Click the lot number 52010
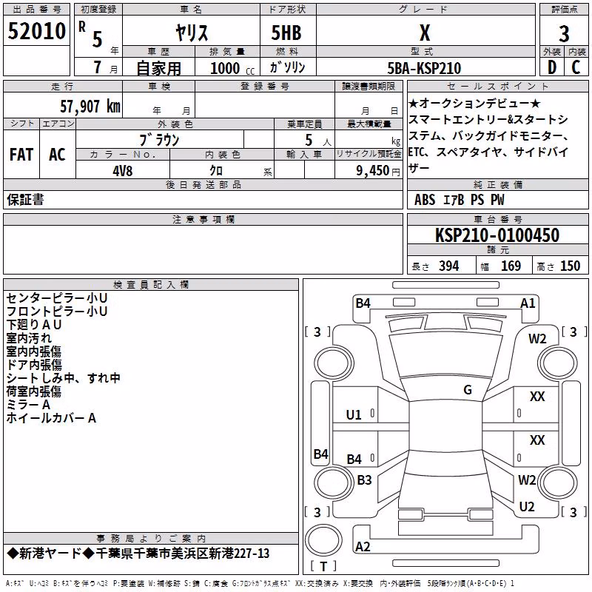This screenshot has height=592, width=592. pyautogui.click(x=36, y=31)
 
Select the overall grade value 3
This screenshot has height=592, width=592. pyautogui.click(x=564, y=33)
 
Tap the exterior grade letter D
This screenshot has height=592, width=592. pyautogui.click(x=552, y=67)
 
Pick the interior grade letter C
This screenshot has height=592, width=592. pyautogui.click(x=576, y=67)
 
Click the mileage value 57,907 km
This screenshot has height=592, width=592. pyautogui.click(x=90, y=106)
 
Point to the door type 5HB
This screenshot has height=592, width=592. pyautogui.click(x=286, y=33)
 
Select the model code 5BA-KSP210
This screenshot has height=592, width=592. pyautogui.click(x=424, y=68)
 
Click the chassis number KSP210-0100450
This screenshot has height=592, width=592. pyautogui.click(x=497, y=235)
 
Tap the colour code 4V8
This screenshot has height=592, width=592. pyautogui.click(x=123, y=171)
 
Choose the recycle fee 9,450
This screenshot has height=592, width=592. pyautogui.click(x=372, y=171)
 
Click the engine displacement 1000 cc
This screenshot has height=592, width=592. pyautogui.click(x=232, y=68)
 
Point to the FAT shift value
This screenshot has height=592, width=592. pyautogui.click(x=21, y=155)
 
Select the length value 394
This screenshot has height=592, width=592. pyautogui.click(x=448, y=266)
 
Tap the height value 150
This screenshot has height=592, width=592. pyautogui.click(x=570, y=266)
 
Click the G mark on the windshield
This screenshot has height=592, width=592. pyautogui.click(x=468, y=389)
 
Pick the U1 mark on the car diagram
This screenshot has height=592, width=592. pyautogui.click(x=354, y=415)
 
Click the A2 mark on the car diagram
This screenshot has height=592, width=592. pyautogui.click(x=363, y=546)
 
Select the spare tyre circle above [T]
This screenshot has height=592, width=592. pyautogui.click(x=323, y=540)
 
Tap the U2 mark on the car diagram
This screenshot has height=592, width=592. pyautogui.click(x=527, y=506)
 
